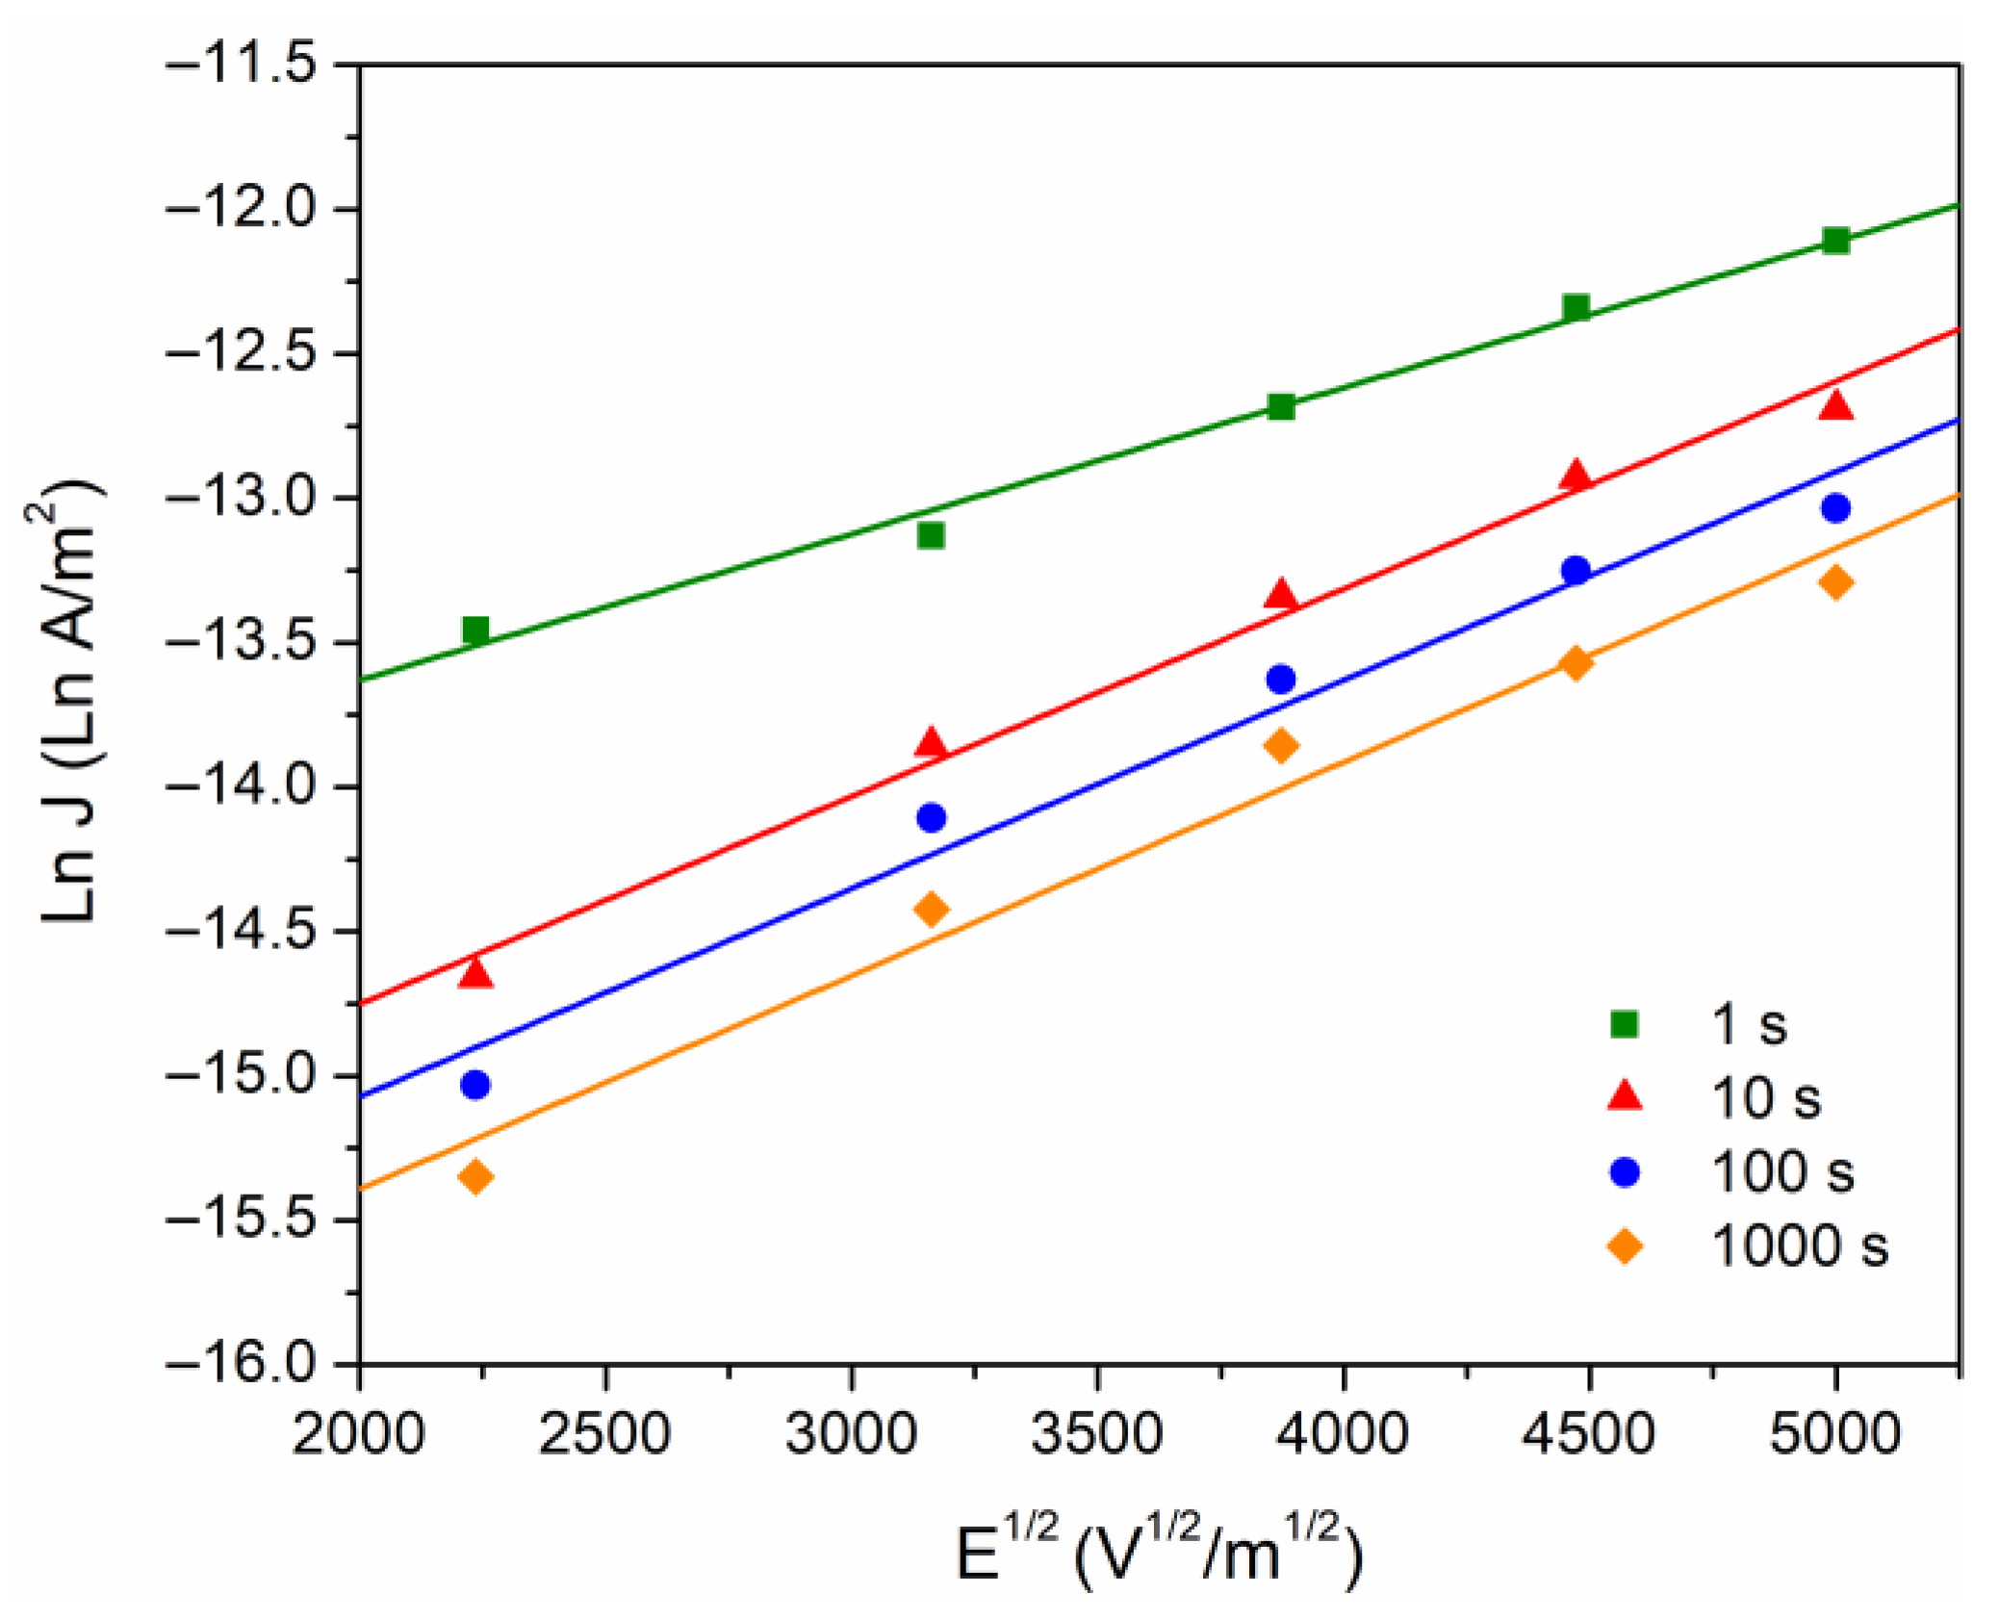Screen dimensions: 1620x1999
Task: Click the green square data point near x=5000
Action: [x=1835, y=241]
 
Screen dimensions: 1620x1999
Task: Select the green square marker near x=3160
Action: [x=931, y=535]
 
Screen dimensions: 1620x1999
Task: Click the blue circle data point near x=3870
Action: [x=1280, y=680]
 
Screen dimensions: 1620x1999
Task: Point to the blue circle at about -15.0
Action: [x=475, y=1085]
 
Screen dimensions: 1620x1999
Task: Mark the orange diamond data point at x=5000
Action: [x=1835, y=582]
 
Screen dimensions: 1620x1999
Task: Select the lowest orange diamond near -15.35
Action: [x=475, y=1176]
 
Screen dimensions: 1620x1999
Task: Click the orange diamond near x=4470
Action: [x=1576, y=662]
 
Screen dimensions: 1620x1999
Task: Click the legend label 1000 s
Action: [x=1799, y=1246]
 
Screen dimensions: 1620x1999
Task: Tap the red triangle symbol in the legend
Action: [x=1625, y=1096]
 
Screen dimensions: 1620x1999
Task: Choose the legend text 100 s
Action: [x=1781, y=1171]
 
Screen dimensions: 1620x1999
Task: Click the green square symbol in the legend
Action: [x=1625, y=1023]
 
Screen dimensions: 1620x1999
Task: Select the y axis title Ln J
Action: [x=70, y=703]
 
